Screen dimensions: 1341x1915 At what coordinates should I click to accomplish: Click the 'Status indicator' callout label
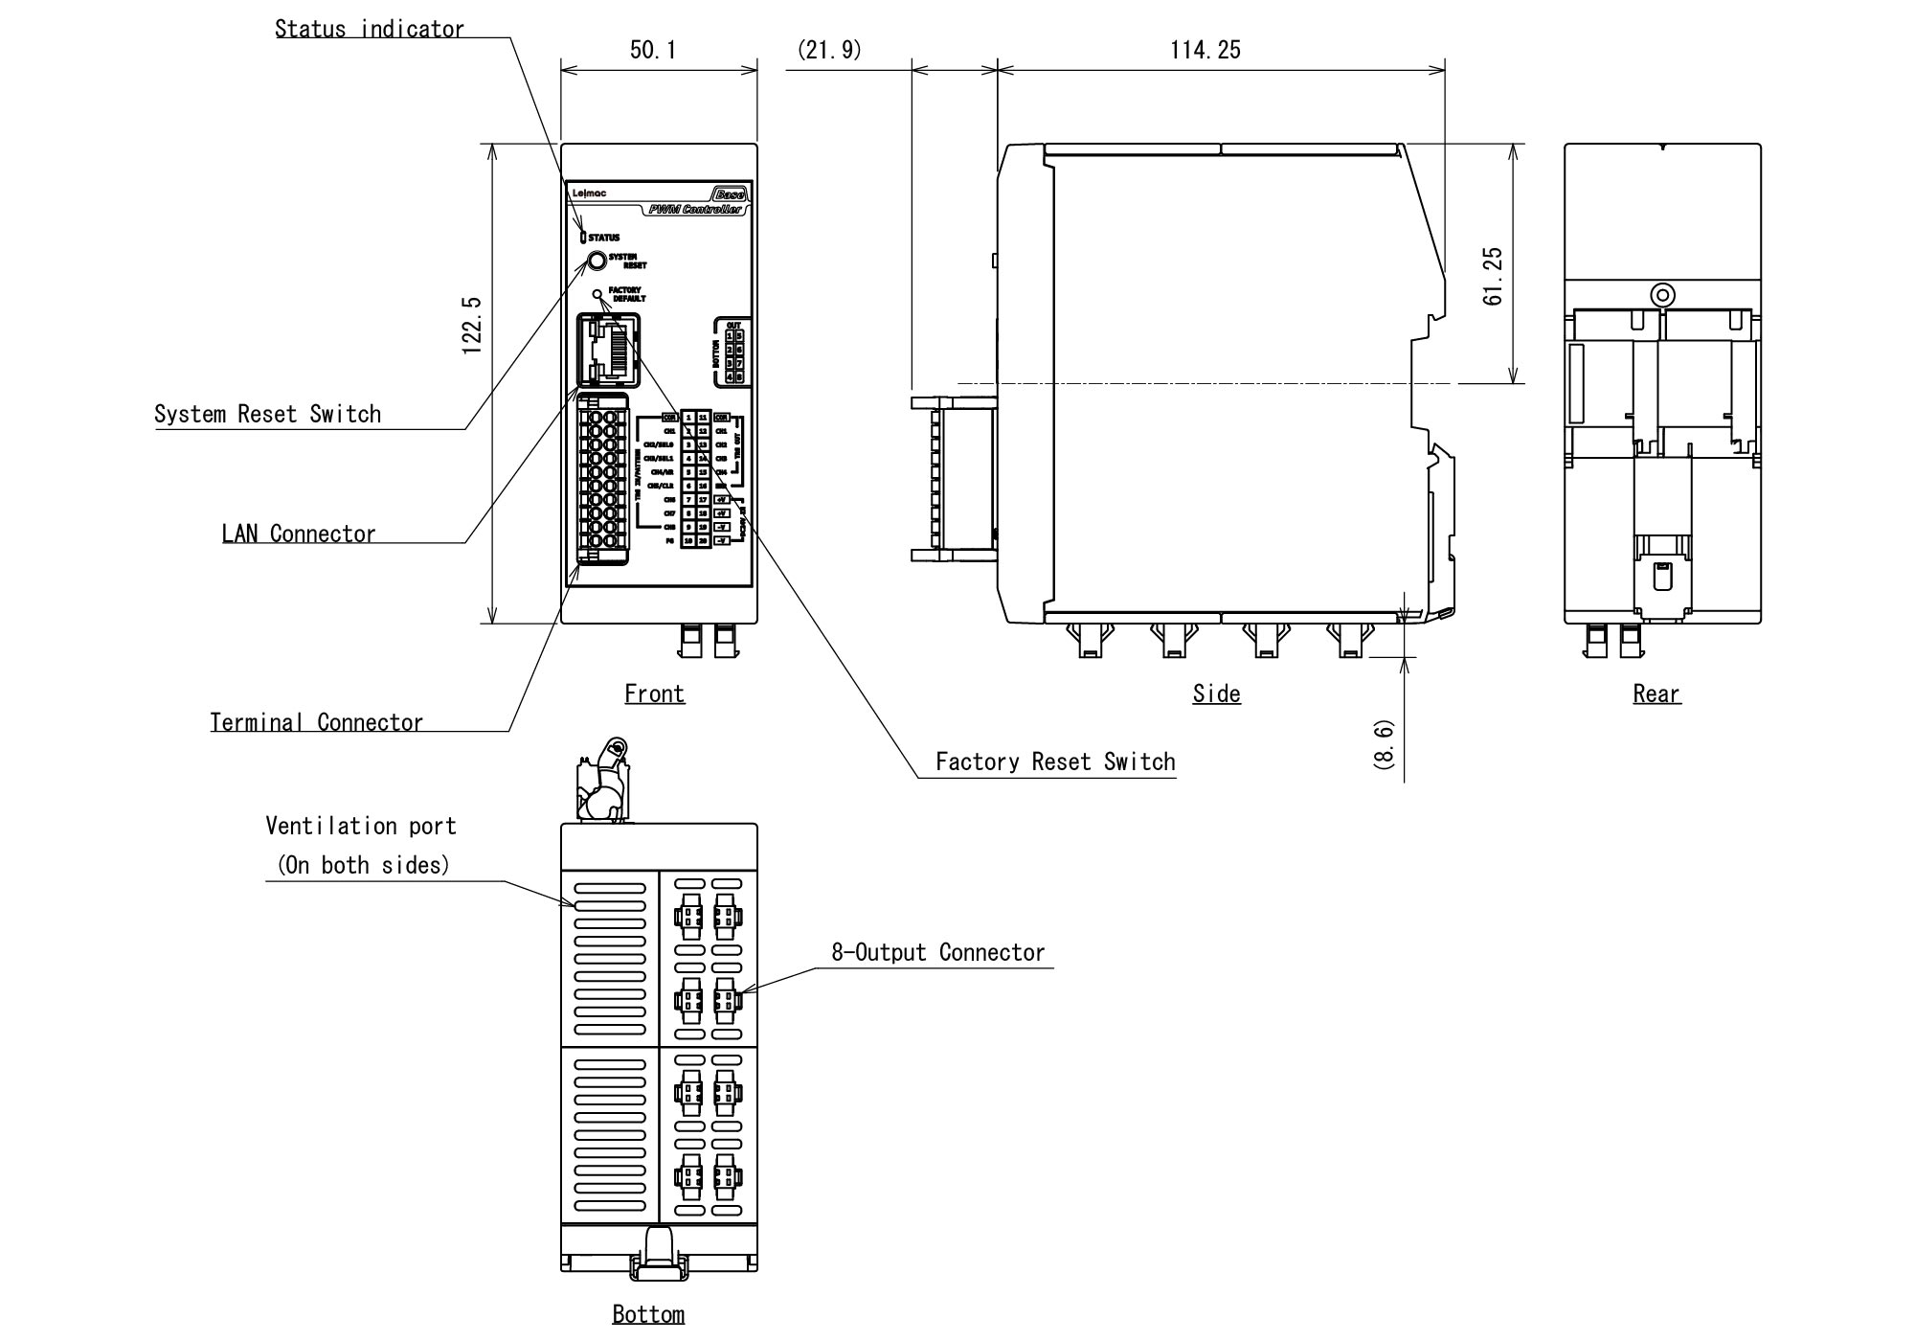[x=369, y=29]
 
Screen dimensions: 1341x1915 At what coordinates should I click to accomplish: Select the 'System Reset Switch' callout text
[x=267, y=414]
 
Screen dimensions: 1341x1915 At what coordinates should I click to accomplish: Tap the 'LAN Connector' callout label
[x=299, y=534]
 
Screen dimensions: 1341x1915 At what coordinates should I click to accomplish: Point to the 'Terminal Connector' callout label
[x=316, y=722]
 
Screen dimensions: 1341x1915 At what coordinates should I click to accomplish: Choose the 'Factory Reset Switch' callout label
[x=1055, y=761]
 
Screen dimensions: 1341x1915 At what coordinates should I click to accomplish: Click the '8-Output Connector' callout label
[x=937, y=952]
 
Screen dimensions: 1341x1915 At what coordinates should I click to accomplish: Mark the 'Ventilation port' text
[x=360, y=826]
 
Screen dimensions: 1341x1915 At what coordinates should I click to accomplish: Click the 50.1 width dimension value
[x=653, y=50]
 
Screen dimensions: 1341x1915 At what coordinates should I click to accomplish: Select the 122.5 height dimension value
[x=471, y=327]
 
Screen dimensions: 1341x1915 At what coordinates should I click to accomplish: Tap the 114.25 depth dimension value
[x=1205, y=50]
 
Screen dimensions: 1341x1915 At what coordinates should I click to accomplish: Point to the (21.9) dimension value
[x=829, y=50]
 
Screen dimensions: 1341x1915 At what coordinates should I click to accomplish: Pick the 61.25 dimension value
[x=1492, y=276]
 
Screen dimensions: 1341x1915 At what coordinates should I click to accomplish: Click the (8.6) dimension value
[x=1385, y=744]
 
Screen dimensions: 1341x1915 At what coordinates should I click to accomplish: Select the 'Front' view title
[x=654, y=693]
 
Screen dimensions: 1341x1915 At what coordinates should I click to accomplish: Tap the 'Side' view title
[x=1216, y=693]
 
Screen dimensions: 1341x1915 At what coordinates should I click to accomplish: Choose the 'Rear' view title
[x=1656, y=693]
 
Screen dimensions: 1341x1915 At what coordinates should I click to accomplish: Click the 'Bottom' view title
[x=648, y=1314]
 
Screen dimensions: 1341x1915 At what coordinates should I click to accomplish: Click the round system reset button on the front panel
[x=597, y=261]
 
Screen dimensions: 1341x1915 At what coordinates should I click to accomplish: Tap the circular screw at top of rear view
[x=1663, y=295]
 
